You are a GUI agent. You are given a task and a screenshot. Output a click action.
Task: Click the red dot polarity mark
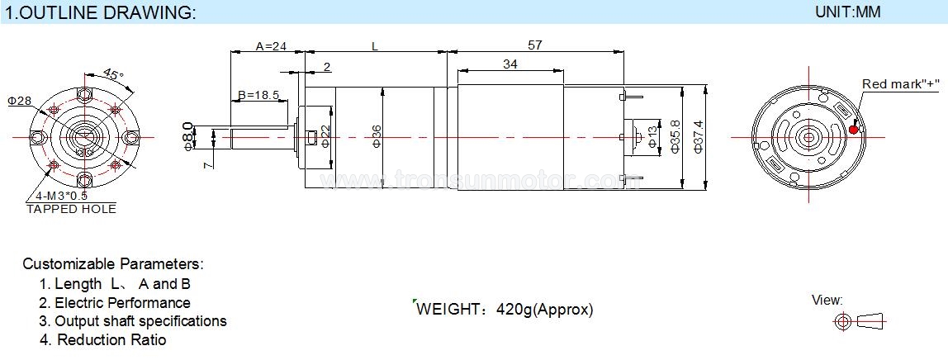click(853, 130)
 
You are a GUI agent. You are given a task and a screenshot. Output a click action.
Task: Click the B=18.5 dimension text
click(258, 95)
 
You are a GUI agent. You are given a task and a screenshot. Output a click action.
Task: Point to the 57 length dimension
click(535, 45)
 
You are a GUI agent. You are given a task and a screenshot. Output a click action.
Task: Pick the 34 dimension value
click(510, 64)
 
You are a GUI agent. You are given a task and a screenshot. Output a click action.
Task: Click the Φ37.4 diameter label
click(699, 136)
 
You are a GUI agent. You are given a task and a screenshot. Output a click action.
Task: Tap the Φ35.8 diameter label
click(675, 136)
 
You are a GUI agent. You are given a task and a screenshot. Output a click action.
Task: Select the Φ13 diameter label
click(652, 137)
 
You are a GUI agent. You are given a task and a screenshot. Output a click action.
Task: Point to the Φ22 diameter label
click(325, 136)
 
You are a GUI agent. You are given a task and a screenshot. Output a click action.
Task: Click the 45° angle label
click(113, 75)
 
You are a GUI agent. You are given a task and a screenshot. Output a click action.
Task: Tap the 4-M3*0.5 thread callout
click(62, 196)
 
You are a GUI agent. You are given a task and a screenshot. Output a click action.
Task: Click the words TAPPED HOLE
click(71, 209)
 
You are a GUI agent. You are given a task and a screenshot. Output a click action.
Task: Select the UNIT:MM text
click(847, 12)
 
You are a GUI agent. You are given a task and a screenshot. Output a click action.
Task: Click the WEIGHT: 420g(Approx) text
click(505, 310)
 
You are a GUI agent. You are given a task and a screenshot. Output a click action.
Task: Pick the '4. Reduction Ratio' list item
click(102, 340)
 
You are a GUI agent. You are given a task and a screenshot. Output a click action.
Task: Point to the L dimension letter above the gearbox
click(375, 46)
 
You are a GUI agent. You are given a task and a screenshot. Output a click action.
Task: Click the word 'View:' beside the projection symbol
click(827, 301)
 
